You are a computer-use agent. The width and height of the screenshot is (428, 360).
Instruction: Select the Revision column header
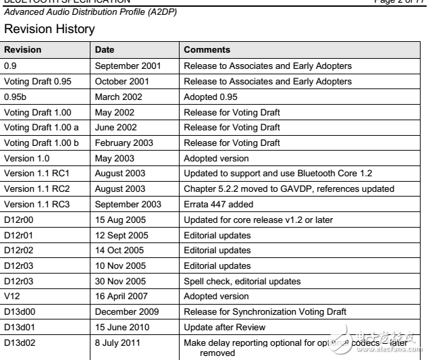click(x=23, y=50)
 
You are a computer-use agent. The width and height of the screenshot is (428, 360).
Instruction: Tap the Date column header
click(x=105, y=50)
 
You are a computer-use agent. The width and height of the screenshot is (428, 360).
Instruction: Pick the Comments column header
click(x=207, y=50)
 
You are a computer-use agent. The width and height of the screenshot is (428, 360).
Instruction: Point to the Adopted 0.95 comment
click(x=211, y=97)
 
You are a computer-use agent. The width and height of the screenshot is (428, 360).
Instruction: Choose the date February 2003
click(x=124, y=143)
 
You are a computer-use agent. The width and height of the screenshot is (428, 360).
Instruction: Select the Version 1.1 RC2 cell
click(x=34, y=188)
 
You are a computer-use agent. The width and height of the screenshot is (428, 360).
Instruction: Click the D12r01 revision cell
click(x=18, y=235)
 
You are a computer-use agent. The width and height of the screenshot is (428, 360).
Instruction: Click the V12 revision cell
click(x=13, y=297)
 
